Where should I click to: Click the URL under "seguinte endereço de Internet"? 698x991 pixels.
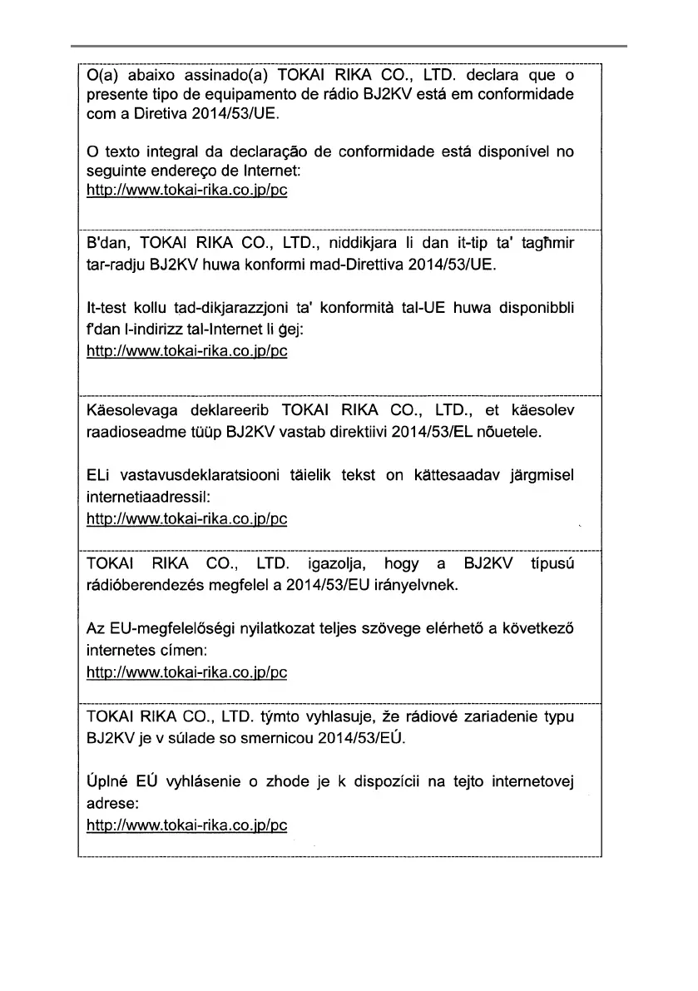coord(187,190)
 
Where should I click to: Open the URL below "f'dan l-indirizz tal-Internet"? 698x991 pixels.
coord(187,351)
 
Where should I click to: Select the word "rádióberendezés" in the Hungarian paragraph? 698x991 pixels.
coord(141,586)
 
